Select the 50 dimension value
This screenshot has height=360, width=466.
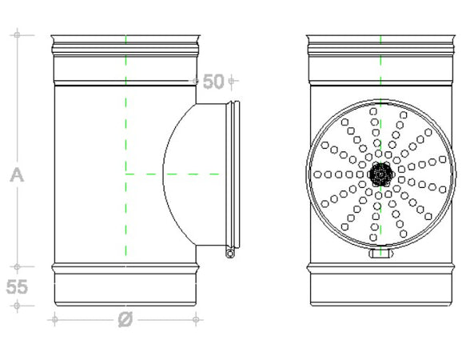[x=213, y=81]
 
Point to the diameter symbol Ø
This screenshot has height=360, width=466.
[x=125, y=319]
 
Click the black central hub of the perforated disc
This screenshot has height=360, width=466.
[x=380, y=173]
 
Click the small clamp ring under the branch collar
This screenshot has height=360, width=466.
[x=230, y=253]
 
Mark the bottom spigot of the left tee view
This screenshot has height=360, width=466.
[x=125, y=288]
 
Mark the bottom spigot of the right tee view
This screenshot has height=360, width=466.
[x=380, y=288]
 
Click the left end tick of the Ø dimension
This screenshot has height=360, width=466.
[x=54, y=319]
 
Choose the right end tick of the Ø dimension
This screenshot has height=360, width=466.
[x=197, y=319]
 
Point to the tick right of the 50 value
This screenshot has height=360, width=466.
[x=231, y=81]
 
